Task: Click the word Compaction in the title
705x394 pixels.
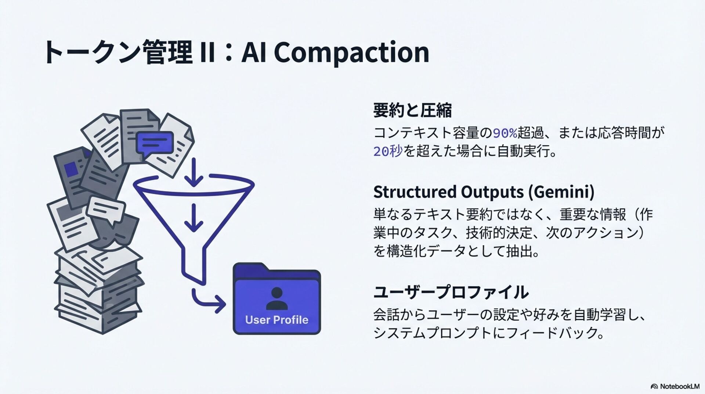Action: tap(351, 53)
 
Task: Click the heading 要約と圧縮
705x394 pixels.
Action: tap(412, 110)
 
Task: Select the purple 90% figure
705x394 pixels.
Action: tap(505, 133)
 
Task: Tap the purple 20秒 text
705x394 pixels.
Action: tap(388, 151)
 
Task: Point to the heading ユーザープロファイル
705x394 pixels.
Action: tap(451, 292)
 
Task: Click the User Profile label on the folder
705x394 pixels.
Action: tap(276, 320)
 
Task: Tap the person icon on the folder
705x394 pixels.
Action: tap(276, 298)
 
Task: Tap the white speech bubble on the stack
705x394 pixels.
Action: tap(106, 210)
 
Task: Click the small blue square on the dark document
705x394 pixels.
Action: tap(71, 169)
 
